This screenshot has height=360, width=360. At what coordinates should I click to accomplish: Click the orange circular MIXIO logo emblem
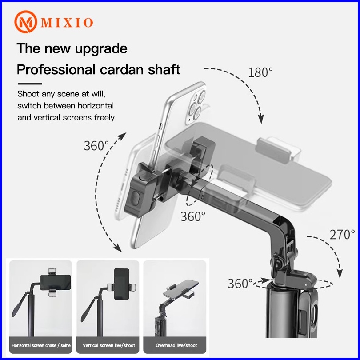(x=25, y=22)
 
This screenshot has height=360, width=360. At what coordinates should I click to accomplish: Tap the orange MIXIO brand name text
(x=67, y=23)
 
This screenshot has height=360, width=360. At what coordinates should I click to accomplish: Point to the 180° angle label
(x=260, y=72)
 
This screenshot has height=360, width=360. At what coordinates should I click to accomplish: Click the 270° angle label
(x=342, y=235)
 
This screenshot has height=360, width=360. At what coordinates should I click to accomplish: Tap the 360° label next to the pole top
(x=240, y=284)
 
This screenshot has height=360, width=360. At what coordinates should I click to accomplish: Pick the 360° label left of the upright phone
(x=96, y=146)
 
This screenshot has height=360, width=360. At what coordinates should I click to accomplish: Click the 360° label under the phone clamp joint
(x=193, y=216)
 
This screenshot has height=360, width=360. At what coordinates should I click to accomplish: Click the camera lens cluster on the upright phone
(x=196, y=106)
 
